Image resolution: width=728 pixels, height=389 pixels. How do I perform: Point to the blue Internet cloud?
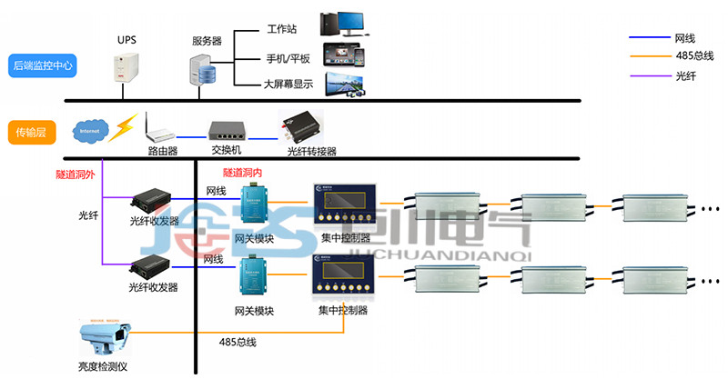[92, 130]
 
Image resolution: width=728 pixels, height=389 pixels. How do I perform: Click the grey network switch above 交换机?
[226, 130]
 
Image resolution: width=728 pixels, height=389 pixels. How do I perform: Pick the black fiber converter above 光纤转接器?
[301, 126]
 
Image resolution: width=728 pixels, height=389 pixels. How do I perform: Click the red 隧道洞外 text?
[75, 174]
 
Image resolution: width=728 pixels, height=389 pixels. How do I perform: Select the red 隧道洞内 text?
[243, 172]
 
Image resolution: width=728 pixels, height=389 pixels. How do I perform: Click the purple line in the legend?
[650, 75]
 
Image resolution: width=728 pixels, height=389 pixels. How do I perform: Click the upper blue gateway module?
[251, 204]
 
